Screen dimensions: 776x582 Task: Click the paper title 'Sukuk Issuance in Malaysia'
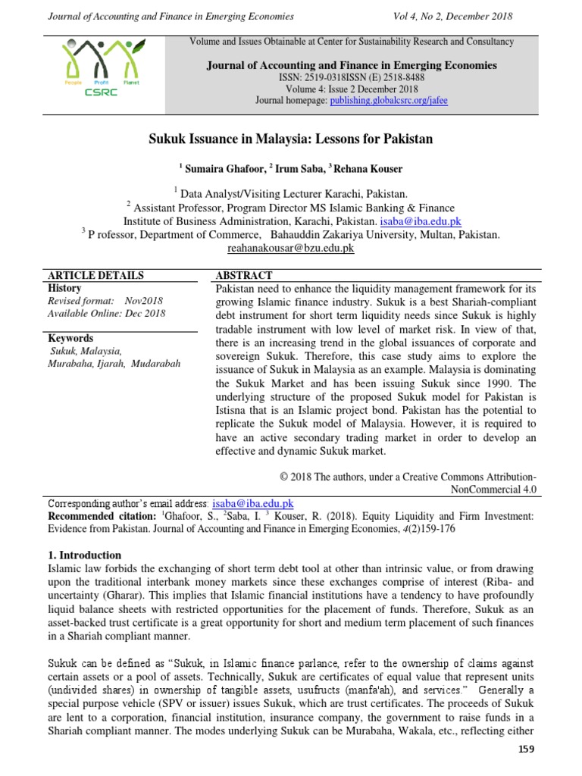(x=289, y=140)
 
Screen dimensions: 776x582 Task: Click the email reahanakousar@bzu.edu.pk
(x=290, y=248)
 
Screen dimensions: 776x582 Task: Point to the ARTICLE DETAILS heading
(x=95, y=275)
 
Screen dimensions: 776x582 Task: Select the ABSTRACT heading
(x=244, y=275)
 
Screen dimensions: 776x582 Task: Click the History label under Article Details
(x=64, y=288)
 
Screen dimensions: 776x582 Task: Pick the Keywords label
(x=70, y=338)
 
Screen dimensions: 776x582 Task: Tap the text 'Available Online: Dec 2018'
(x=106, y=313)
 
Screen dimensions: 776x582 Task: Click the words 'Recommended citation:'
(x=95, y=516)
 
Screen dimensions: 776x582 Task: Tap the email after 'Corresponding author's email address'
(x=253, y=503)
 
